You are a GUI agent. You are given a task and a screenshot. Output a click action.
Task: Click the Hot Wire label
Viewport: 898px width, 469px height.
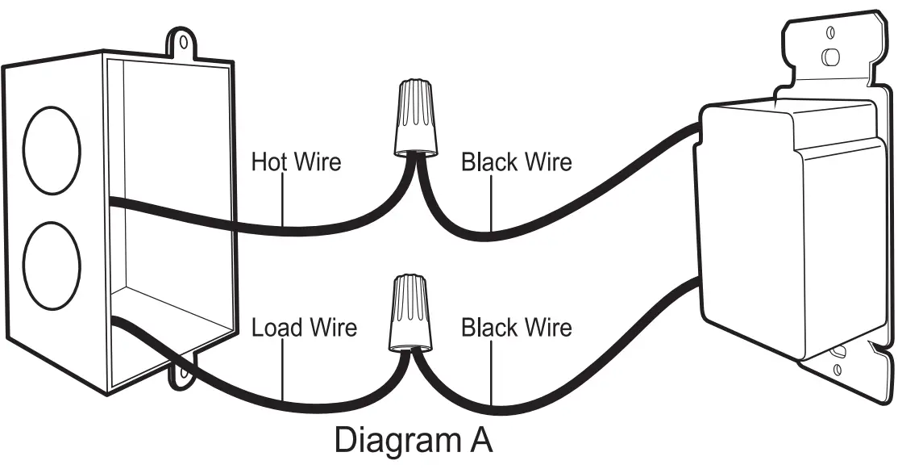[296, 161]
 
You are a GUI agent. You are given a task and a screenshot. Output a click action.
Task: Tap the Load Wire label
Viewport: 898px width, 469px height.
[303, 328]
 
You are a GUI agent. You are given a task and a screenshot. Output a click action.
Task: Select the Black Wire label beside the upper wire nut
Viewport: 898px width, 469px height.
[516, 161]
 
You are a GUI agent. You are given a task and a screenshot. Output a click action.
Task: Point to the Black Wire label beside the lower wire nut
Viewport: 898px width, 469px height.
[516, 328]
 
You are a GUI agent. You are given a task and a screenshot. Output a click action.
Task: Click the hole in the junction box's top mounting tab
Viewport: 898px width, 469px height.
[185, 40]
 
